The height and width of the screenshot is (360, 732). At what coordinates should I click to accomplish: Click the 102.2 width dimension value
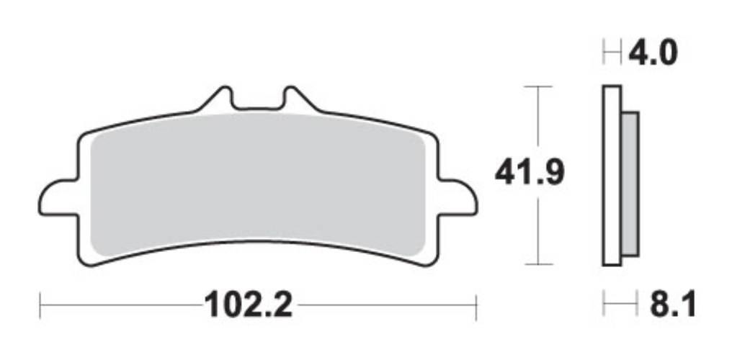click(x=248, y=306)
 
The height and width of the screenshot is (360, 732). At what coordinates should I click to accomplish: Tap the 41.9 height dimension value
click(x=530, y=173)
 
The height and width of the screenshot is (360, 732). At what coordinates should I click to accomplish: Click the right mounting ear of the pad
click(x=458, y=197)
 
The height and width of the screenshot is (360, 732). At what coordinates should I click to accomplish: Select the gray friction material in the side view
click(x=630, y=184)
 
